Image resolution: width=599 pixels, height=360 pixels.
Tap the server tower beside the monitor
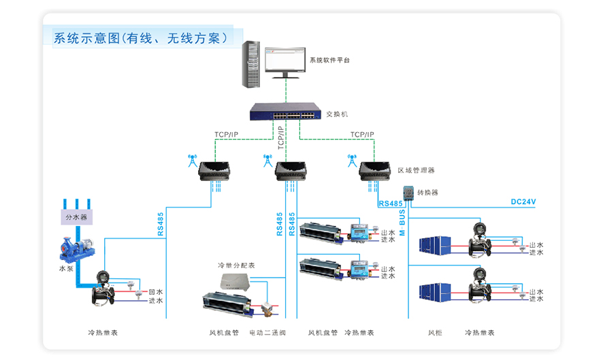pyautogui.click(x=251, y=64)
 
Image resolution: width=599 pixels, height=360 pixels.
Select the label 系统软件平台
pyautogui.click(x=329, y=61)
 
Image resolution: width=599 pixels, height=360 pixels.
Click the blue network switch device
pyautogui.click(x=285, y=112)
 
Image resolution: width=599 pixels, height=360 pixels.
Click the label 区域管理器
pyautogui.click(x=416, y=170)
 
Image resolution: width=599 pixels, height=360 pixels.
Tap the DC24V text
pyautogui.click(x=523, y=202)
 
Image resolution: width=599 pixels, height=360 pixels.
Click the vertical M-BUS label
pyautogui.click(x=402, y=222)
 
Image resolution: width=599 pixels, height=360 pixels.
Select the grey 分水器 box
pyautogui.click(x=76, y=218)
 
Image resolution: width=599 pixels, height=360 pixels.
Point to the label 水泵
pyautogui.click(x=65, y=269)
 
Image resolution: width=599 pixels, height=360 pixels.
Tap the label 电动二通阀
pyautogui.click(x=268, y=333)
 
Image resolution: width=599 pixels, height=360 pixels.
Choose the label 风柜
pyautogui.click(x=435, y=333)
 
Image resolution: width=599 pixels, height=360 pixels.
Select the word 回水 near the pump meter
pyautogui.click(x=156, y=291)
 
